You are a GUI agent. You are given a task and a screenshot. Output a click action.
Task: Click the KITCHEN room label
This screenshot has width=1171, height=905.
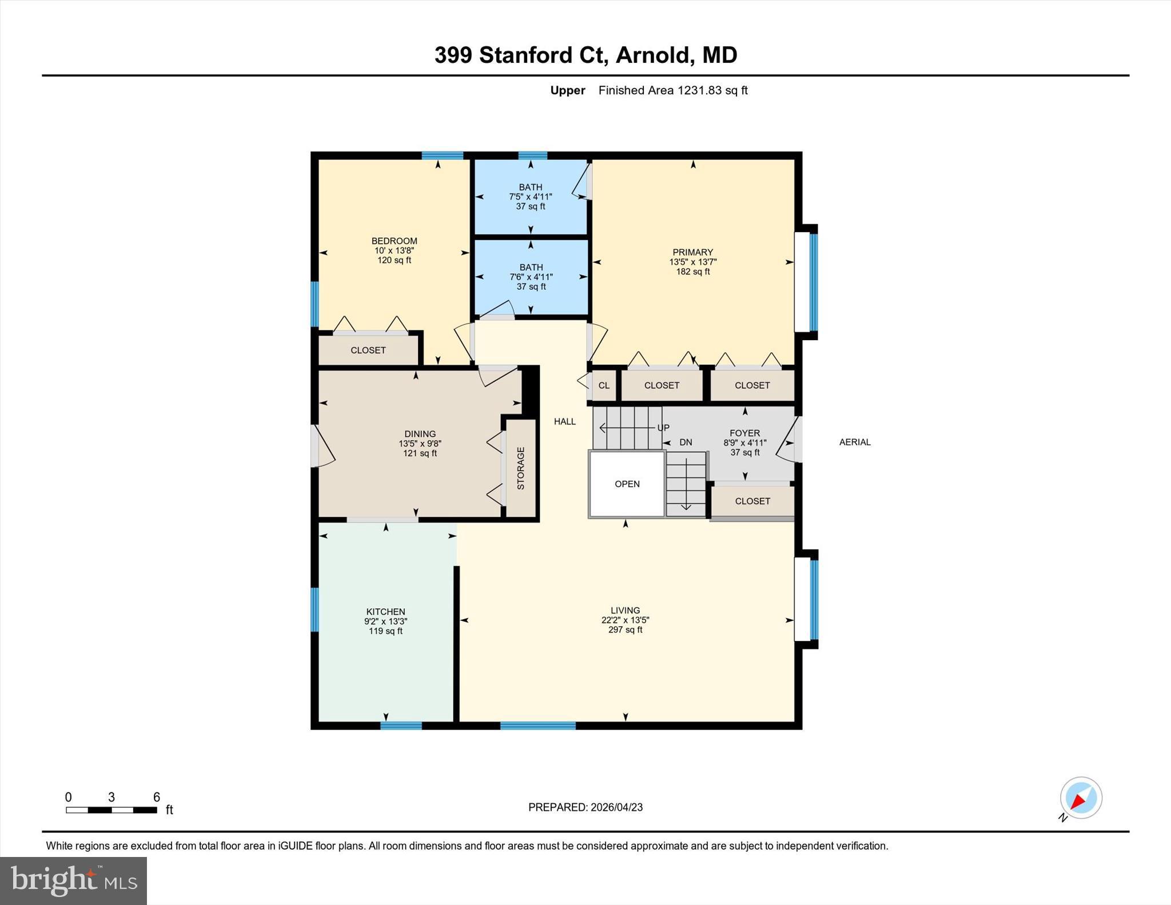pyautogui.click(x=385, y=611)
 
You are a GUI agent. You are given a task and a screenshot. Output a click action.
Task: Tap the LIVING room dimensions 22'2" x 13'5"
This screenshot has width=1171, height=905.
pyautogui.click(x=625, y=620)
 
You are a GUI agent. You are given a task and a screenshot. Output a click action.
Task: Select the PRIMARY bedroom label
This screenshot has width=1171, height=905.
pyautogui.click(x=692, y=252)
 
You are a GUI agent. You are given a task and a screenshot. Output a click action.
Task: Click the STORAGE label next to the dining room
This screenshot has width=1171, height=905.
pyautogui.click(x=521, y=468)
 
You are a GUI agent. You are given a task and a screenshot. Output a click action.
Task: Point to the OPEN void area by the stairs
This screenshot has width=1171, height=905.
pyautogui.click(x=627, y=484)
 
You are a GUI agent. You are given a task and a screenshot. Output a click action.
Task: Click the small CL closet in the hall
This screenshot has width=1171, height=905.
pyautogui.click(x=604, y=385)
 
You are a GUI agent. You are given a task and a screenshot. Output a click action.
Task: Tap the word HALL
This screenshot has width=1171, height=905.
pyautogui.click(x=564, y=421)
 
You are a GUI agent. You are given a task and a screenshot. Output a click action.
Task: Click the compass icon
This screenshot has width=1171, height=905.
pyautogui.click(x=1080, y=798)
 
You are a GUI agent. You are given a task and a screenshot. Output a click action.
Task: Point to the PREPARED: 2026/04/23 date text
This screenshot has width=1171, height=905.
pyautogui.click(x=585, y=807)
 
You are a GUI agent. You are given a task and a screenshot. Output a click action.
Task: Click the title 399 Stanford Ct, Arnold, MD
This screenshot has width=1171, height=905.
pyautogui.click(x=585, y=55)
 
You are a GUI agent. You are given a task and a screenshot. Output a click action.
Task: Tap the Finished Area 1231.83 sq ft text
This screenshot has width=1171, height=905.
pyautogui.click(x=672, y=90)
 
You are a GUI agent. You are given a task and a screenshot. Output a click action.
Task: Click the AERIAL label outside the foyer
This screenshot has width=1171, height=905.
pyautogui.click(x=854, y=442)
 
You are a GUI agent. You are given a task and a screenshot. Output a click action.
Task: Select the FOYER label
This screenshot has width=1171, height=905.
pyautogui.click(x=744, y=433)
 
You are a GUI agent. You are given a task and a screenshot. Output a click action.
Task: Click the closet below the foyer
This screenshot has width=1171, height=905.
pyautogui.click(x=752, y=501)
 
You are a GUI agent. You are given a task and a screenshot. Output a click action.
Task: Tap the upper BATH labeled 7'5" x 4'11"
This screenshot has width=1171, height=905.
pyautogui.click(x=531, y=196)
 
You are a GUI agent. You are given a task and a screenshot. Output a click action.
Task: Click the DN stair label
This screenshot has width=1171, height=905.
pyautogui.click(x=685, y=442)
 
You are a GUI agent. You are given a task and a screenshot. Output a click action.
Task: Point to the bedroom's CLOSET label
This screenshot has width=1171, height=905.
pyautogui.click(x=368, y=350)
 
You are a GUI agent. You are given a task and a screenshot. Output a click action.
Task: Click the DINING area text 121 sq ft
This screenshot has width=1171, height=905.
pyautogui.click(x=420, y=453)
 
